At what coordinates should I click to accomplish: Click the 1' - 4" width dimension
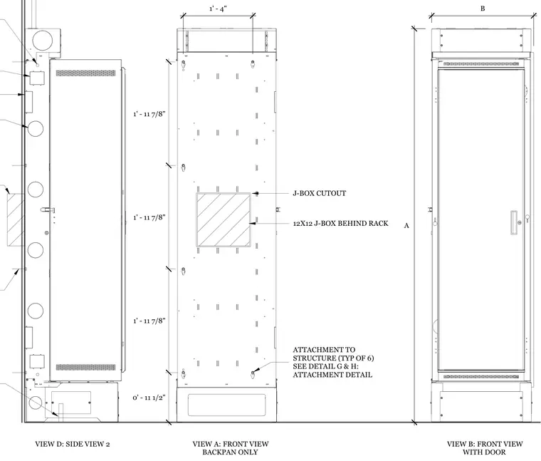click(218, 9)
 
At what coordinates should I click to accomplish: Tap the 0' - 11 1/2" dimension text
click(149, 398)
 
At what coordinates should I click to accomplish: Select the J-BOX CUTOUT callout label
click(320, 193)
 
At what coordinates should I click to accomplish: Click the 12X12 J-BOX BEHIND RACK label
click(340, 224)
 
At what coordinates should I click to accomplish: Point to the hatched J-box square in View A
click(224, 220)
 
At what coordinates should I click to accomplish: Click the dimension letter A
click(406, 225)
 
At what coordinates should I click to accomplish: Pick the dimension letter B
click(483, 9)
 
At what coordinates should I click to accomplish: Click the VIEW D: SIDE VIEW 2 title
click(73, 444)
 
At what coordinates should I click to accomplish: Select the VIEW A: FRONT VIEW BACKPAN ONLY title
click(231, 448)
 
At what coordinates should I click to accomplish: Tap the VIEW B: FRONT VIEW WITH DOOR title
click(485, 448)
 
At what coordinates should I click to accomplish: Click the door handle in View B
click(514, 222)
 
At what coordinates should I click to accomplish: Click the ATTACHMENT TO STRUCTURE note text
click(333, 362)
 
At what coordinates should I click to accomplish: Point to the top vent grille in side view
click(85, 73)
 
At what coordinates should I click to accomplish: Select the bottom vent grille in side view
click(85, 367)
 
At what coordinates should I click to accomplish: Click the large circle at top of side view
click(42, 40)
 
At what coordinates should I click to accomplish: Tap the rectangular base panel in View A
click(226, 405)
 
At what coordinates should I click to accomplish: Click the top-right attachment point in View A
click(253, 63)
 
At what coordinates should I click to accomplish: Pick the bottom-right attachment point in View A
click(253, 373)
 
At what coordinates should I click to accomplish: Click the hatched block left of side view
click(16, 220)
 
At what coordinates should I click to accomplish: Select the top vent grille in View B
click(481, 64)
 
